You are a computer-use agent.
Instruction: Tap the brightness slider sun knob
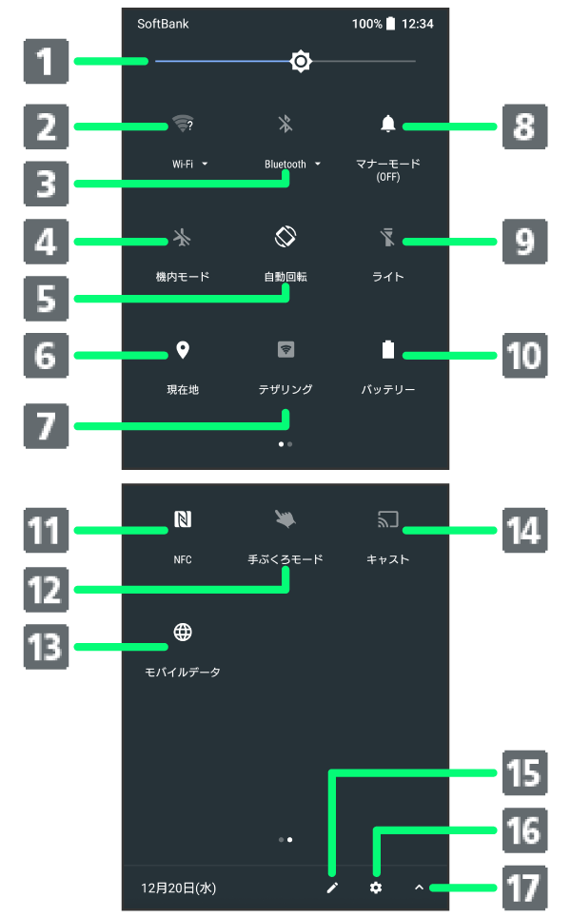[x=301, y=62]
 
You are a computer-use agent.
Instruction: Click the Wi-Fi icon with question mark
[x=183, y=124]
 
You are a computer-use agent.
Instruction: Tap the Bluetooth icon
[x=285, y=124]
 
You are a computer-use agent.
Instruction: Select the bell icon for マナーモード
[x=387, y=124]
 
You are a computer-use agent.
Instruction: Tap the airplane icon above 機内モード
[x=183, y=238]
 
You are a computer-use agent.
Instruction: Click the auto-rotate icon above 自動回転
[x=285, y=236]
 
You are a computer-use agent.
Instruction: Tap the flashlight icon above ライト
[x=387, y=238]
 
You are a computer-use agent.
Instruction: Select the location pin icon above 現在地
[x=183, y=350]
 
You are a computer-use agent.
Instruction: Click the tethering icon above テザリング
[x=285, y=350]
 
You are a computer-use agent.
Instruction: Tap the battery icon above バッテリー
[x=387, y=350]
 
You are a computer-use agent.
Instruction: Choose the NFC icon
[x=183, y=519]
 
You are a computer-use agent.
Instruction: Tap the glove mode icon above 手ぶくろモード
[x=285, y=519]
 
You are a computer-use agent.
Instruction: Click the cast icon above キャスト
[x=387, y=519]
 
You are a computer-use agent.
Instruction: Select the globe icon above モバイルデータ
[x=183, y=632]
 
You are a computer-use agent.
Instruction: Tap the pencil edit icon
[x=332, y=888]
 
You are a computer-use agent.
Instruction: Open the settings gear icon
[x=376, y=888]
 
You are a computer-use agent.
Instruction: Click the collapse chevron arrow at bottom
[x=419, y=888]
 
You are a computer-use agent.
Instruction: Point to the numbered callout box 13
[x=45, y=646]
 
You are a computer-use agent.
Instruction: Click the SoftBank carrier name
[x=163, y=24]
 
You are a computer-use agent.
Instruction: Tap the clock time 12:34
[x=418, y=24]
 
